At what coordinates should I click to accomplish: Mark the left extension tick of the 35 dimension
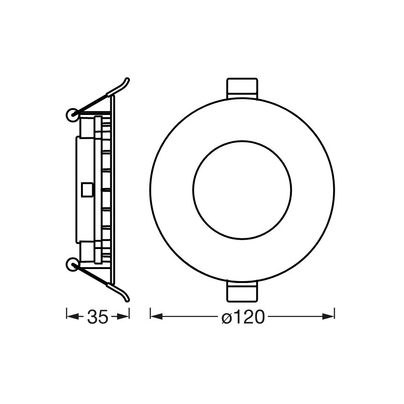[x=67, y=316]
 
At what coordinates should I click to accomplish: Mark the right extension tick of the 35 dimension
[x=129, y=316]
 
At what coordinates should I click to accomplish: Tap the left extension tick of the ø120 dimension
[x=150, y=316]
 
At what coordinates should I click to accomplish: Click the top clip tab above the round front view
[x=242, y=87]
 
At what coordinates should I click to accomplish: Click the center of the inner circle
[x=242, y=189]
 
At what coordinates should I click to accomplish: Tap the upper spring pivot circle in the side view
[x=72, y=114]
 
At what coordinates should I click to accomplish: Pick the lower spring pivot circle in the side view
[x=72, y=265]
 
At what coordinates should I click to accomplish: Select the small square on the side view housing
[x=87, y=189]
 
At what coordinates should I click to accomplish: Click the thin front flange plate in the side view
[x=113, y=189]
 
